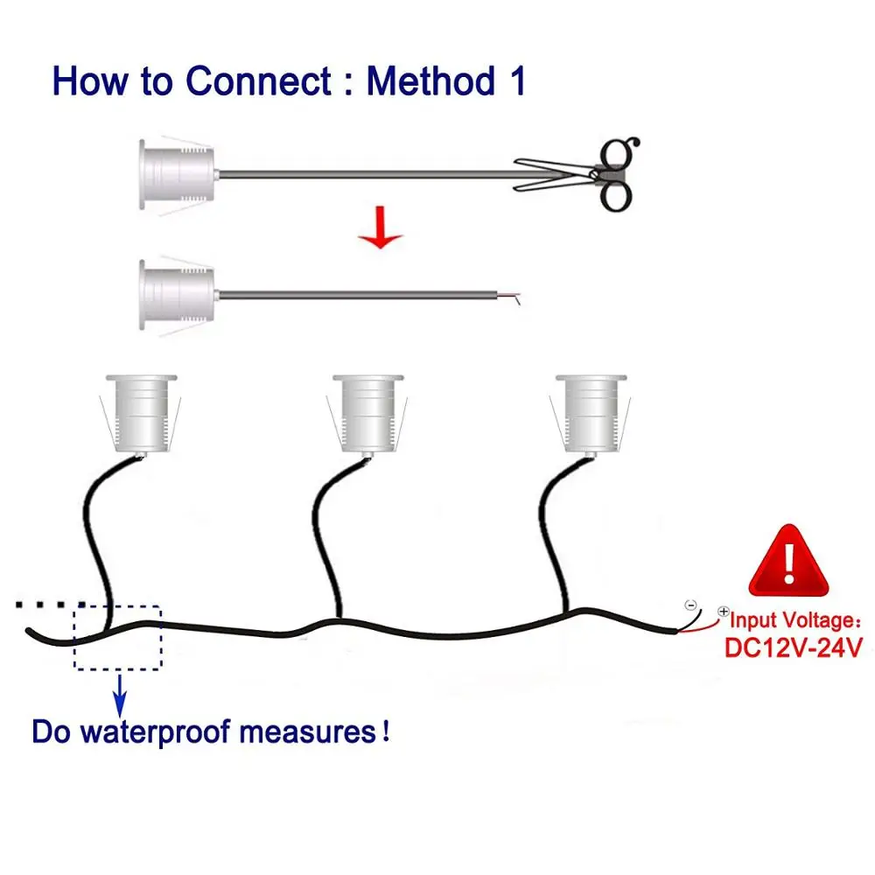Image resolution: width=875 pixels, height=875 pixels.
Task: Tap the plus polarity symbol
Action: pyautogui.click(x=724, y=612)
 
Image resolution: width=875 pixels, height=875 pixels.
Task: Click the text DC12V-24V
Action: pyautogui.click(x=794, y=648)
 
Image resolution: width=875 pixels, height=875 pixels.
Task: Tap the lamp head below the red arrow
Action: pyautogui.click(x=175, y=293)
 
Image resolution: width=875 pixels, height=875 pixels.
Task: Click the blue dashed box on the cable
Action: pyautogui.click(x=118, y=638)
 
